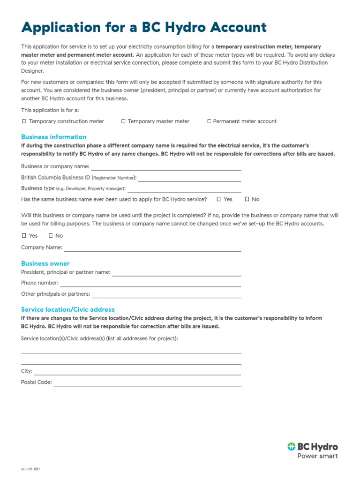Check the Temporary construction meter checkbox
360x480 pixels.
[x=24, y=121]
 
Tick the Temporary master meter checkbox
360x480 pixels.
[x=123, y=121]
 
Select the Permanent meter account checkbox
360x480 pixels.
[x=209, y=121]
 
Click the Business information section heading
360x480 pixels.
[x=53, y=137]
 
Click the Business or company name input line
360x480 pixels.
[x=166, y=167]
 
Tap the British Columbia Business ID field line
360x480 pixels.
[x=189, y=179]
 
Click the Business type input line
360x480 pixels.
[x=184, y=189]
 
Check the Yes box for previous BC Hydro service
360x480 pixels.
[x=219, y=199]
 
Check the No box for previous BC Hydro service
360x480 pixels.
[x=247, y=199]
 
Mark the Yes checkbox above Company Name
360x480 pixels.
[x=24, y=236]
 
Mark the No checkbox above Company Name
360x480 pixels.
[x=51, y=236]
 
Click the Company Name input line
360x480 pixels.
[x=152, y=248]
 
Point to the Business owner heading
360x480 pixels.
[x=45, y=263]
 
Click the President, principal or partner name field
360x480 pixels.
[x=176, y=273]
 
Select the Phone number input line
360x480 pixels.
[x=150, y=284]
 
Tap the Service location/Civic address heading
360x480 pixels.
[x=67, y=309]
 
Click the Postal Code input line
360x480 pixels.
[x=147, y=383]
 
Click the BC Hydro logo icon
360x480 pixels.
[x=292, y=447]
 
